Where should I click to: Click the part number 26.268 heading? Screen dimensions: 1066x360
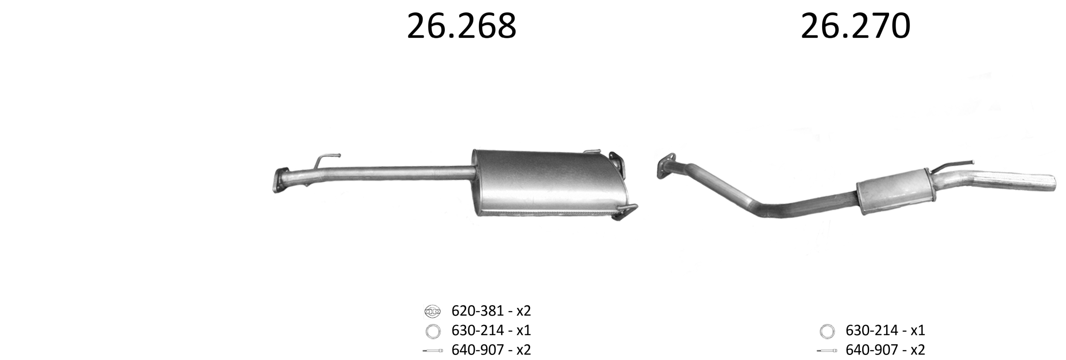[461, 26]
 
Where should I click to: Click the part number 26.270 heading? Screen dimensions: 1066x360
[855, 26]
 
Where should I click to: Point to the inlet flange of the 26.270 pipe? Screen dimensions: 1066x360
[666, 165]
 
